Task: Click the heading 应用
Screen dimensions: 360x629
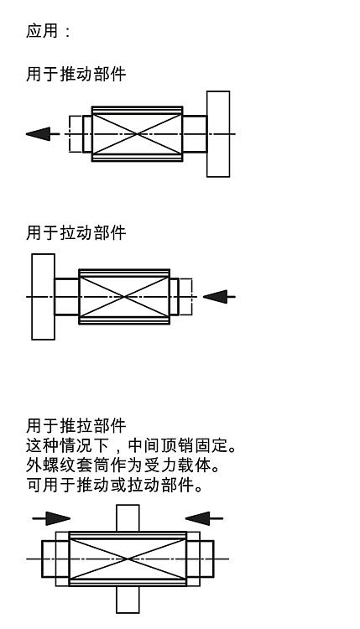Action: (42, 31)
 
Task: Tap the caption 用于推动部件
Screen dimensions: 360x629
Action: (76, 74)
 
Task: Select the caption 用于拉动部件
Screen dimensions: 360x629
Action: (76, 232)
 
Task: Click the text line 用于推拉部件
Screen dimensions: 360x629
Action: (76, 425)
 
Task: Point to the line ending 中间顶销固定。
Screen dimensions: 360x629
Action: (131, 445)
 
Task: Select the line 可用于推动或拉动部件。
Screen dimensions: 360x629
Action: (114, 486)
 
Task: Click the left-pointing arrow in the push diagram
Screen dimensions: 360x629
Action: (43, 134)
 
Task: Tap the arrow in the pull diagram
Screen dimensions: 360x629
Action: (219, 297)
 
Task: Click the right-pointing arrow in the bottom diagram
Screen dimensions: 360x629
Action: (51, 518)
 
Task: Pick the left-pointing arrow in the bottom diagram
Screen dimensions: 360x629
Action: (204, 518)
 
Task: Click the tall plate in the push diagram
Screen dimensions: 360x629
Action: (218, 134)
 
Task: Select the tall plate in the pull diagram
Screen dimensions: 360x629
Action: (43, 297)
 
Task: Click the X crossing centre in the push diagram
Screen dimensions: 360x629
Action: (138, 134)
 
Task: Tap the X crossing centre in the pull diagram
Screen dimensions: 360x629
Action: (124, 297)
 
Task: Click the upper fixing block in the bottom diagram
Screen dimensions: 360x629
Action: (128, 518)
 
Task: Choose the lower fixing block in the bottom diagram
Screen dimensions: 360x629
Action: (128, 600)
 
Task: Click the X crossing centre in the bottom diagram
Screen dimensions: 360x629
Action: (128, 559)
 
